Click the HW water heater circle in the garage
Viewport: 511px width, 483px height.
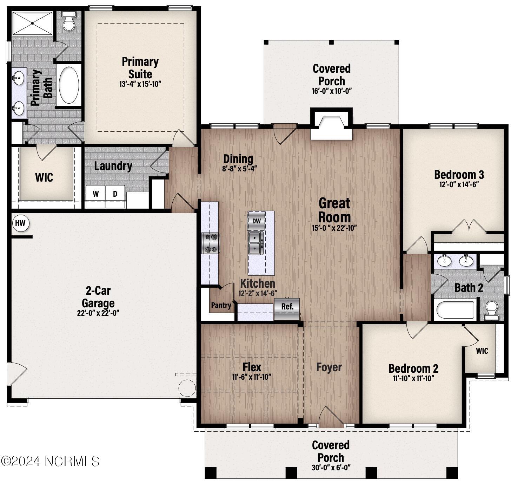[x=21, y=223]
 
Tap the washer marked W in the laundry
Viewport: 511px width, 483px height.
[x=95, y=196]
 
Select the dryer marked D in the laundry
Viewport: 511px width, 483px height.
[x=115, y=196]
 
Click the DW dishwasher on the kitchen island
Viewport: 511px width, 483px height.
[x=256, y=221]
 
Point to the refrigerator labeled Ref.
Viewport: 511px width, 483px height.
[x=287, y=309]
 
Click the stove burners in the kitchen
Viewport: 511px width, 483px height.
[x=211, y=243]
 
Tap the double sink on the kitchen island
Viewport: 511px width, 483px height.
[x=256, y=243]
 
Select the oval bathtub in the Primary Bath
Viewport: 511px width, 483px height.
[x=69, y=85]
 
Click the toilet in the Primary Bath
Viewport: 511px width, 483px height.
[x=69, y=21]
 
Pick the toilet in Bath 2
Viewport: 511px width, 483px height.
[x=491, y=310]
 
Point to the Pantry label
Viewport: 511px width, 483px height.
[x=221, y=305]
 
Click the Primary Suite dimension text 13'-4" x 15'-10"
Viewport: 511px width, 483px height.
[x=140, y=84]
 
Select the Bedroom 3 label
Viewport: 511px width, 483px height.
[x=459, y=175]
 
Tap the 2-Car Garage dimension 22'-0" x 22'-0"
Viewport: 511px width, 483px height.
[x=98, y=313]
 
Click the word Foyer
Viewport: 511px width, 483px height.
[x=329, y=367]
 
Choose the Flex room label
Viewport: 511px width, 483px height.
[x=252, y=367]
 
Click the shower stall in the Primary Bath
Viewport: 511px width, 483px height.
[x=32, y=23]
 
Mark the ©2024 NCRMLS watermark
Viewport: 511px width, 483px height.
[x=50, y=461]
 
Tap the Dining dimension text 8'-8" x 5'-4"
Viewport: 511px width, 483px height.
[x=240, y=169]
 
